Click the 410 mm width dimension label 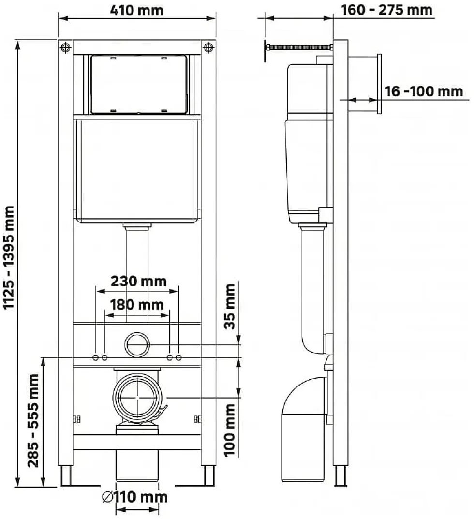[x=137, y=10]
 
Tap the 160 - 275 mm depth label [x=386, y=10]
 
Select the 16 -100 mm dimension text [x=424, y=91]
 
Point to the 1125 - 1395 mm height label [x=9, y=257]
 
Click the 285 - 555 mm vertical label [x=33, y=420]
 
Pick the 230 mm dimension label [x=138, y=281]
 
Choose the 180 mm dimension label [x=137, y=305]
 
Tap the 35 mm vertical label [x=230, y=306]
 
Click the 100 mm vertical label [x=230, y=430]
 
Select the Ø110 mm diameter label [x=135, y=497]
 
